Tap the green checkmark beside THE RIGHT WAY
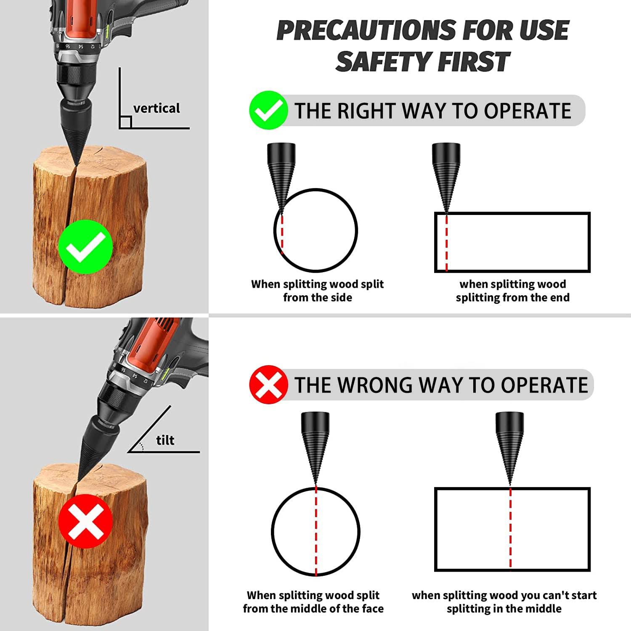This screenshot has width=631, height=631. (x=268, y=110)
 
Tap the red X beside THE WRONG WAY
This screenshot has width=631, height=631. (x=268, y=384)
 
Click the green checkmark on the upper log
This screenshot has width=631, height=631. (x=86, y=247)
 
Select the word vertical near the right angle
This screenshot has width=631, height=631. (x=156, y=109)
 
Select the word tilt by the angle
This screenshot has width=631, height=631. (x=165, y=440)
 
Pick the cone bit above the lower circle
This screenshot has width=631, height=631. (x=315, y=442)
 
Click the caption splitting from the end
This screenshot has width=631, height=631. (x=512, y=297)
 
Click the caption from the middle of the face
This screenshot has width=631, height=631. (x=313, y=609)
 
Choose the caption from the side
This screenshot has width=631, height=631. (x=317, y=297)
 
